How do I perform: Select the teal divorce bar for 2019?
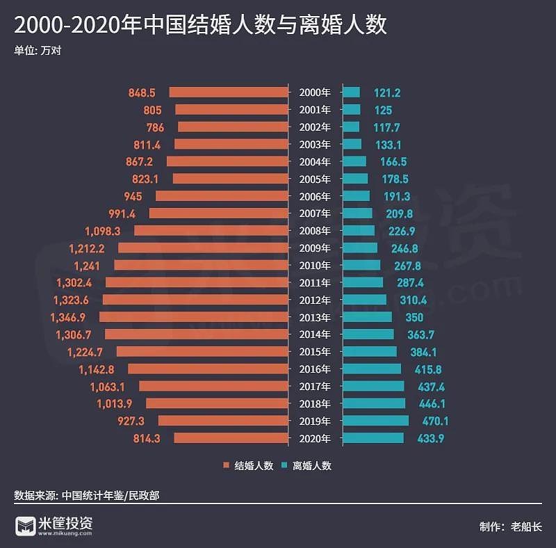click(x=375, y=421)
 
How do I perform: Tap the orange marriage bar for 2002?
click(x=233, y=127)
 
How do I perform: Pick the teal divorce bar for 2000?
click(x=351, y=92)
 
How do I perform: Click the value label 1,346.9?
click(x=71, y=317)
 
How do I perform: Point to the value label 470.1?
click(x=432, y=421)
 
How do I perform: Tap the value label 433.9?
click(x=431, y=438)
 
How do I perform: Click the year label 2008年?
click(x=315, y=231)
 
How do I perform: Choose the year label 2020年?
click(x=315, y=438)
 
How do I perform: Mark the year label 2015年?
click(x=315, y=352)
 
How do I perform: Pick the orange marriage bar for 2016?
click(x=208, y=369)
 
